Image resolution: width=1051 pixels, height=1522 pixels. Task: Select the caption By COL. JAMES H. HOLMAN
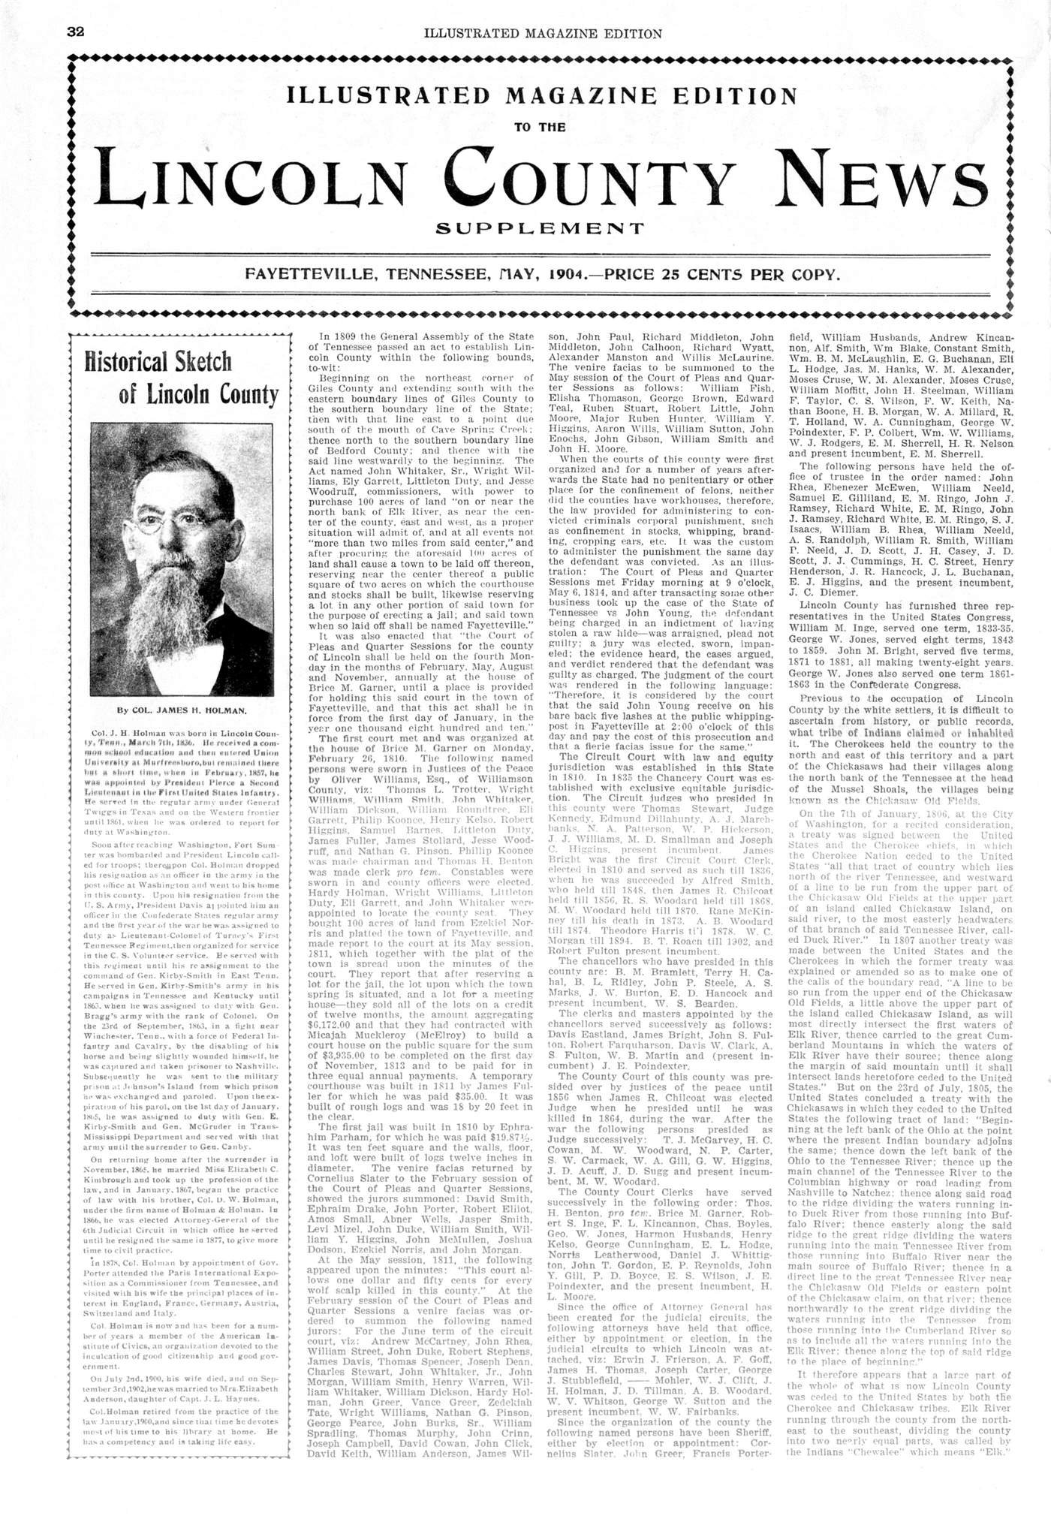[182, 709]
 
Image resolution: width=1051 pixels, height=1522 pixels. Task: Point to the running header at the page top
[542, 33]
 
